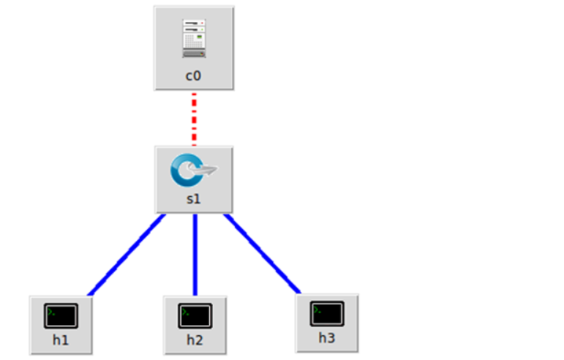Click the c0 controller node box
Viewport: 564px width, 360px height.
click(x=194, y=48)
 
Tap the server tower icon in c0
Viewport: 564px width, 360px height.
click(x=194, y=39)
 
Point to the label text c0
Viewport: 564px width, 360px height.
click(x=194, y=75)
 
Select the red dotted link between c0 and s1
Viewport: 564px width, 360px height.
click(x=194, y=118)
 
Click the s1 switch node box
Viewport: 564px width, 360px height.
click(x=194, y=179)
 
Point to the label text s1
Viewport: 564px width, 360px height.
click(x=194, y=199)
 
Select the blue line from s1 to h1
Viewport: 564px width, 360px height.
click(x=125, y=255)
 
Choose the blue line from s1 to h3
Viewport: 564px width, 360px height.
click(x=263, y=254)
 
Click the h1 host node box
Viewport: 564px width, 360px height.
click(x=61, y=325)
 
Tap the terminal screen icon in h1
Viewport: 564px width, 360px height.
click(x=61, y=315)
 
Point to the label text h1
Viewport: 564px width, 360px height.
click(x=61, y=340)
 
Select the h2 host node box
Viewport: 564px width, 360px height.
click(x=195, y=325)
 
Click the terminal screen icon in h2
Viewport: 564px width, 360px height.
click(x=195, y=315)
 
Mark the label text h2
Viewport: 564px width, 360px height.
click(x=195, y=340)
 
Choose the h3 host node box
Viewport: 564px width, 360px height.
click(x=327, y=323)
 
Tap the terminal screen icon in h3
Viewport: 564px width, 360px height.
click(x=327, y=312)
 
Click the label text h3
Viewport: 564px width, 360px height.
click(x=327, y=338)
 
